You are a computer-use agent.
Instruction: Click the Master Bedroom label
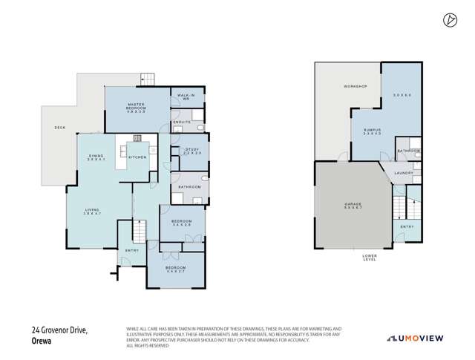(x=135, y=106)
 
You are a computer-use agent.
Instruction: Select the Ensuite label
(x=181, y=121)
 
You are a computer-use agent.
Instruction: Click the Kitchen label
(x=138, y=157)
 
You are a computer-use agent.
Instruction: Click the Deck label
(x=60, y=128)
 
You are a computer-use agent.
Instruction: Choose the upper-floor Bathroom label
(x=190, y=186)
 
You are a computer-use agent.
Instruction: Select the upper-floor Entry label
(x=133, y=251)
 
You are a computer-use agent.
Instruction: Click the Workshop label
(x=355, y=88)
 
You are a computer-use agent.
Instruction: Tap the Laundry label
(x=404, y=173)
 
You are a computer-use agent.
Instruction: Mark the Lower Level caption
(x=369, y=258)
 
